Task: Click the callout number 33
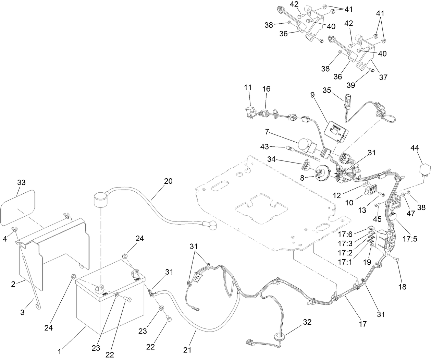pos(21,182)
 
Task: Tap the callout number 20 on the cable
pos(168,182)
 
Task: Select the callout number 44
pos(415,148)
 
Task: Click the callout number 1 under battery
pos(59,351)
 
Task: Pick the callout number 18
pos(402,286)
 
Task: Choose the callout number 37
pos(383,77)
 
